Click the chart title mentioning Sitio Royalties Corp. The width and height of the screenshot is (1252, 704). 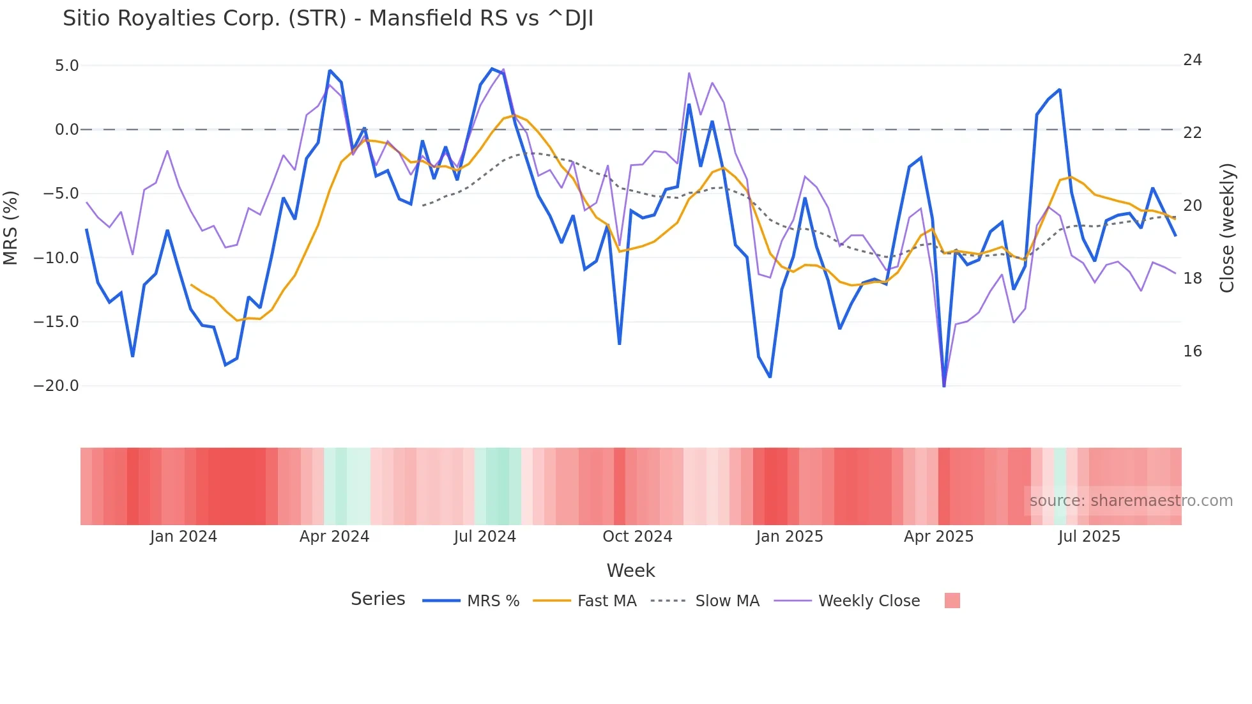(x=328, y=19)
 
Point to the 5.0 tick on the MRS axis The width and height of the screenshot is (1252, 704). (x=66, y=66)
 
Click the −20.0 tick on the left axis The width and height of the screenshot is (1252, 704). (x=56, y=386)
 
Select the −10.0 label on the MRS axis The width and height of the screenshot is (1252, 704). (x=56, y=258)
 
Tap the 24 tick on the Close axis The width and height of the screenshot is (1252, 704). (x=1192, y=60)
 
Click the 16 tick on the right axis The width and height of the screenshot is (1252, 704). (x=1192, y=351)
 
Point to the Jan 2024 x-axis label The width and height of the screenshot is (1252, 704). (x=183, y=537)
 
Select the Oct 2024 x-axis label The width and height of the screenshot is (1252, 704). (x=637, y=537)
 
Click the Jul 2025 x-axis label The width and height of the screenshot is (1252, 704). (x=1088, y=537)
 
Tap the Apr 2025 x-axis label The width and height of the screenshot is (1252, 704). (x=938, y=537)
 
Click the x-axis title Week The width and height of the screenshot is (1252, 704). (x=630, y=570)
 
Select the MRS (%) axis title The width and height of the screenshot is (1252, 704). (x=11, y=227)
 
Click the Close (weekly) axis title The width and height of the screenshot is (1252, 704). (x=1226, y=228)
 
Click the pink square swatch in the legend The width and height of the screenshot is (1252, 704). (x=952, y=601)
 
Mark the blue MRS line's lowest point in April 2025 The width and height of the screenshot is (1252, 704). (x=944, y=385)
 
